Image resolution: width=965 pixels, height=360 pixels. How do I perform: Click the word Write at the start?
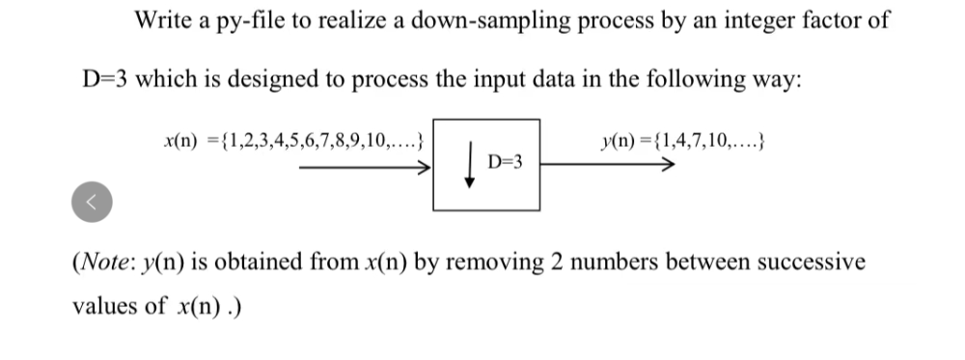pos(161,20)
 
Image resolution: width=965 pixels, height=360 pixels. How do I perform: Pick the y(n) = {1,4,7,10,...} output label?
pos(682,144)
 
